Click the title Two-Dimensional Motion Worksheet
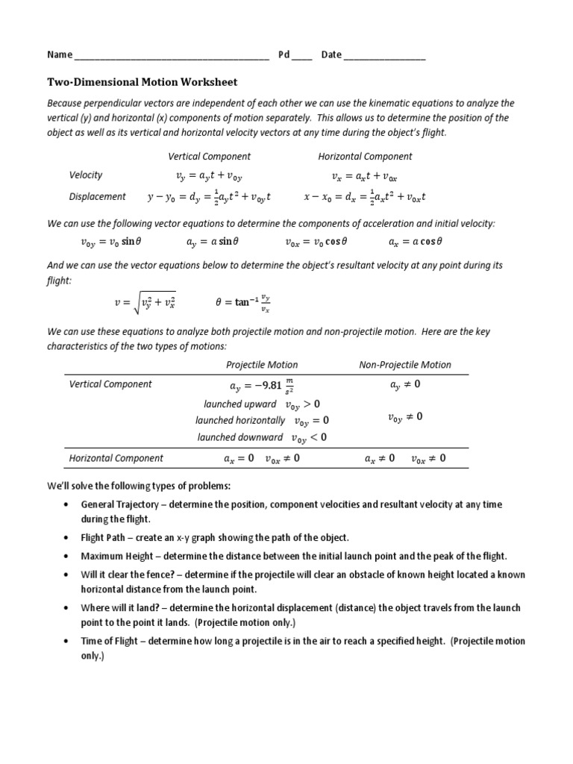point(143,82)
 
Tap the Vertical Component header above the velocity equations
point(209,157)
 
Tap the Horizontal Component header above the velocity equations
point(365,157)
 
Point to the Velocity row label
point(86,175)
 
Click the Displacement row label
point(98,197)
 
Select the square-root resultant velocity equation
point(144,302)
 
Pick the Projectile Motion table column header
point(262,365)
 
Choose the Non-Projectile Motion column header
point(405,365)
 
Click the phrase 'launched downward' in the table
point(240,438)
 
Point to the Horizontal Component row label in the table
point(116,458)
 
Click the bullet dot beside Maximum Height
point(69,557)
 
